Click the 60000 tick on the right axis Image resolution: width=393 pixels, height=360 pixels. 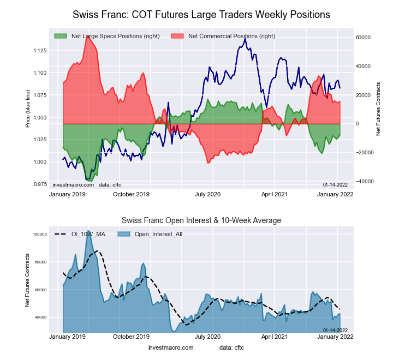pyautogui.click(x=363, y=37)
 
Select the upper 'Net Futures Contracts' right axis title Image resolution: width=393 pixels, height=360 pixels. pyautogui.click(x=378, y=109)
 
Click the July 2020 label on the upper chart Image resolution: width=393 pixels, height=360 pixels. pyautogui.click(x=207, y=194)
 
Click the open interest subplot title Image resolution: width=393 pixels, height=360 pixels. pyautogui.click(x=201, y=220)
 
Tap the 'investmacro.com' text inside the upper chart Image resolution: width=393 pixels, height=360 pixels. pyautogui.click(x=74, y=184)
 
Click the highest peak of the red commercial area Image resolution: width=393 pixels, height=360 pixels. pyautogui.click(x=87, y=38)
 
